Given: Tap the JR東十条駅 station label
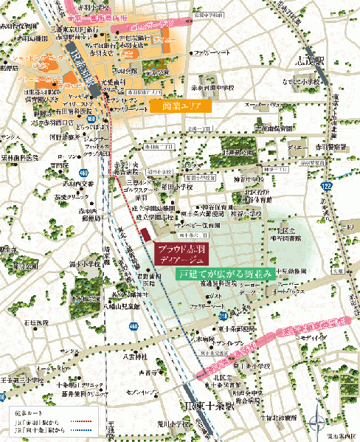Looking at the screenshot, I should [210, 405].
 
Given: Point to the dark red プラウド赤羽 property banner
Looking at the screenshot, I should [182, 254].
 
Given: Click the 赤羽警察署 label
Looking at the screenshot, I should [333, 148].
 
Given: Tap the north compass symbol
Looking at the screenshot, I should [318, 424].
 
